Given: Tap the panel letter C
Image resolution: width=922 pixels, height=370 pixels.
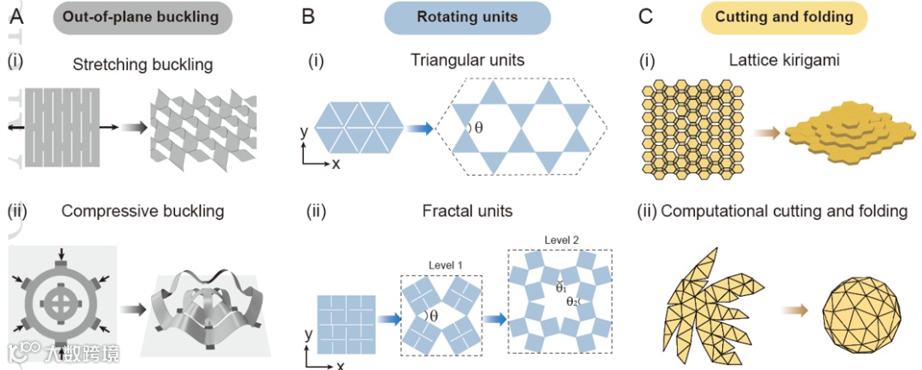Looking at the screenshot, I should pyautogui.click(x=647, y=16).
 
